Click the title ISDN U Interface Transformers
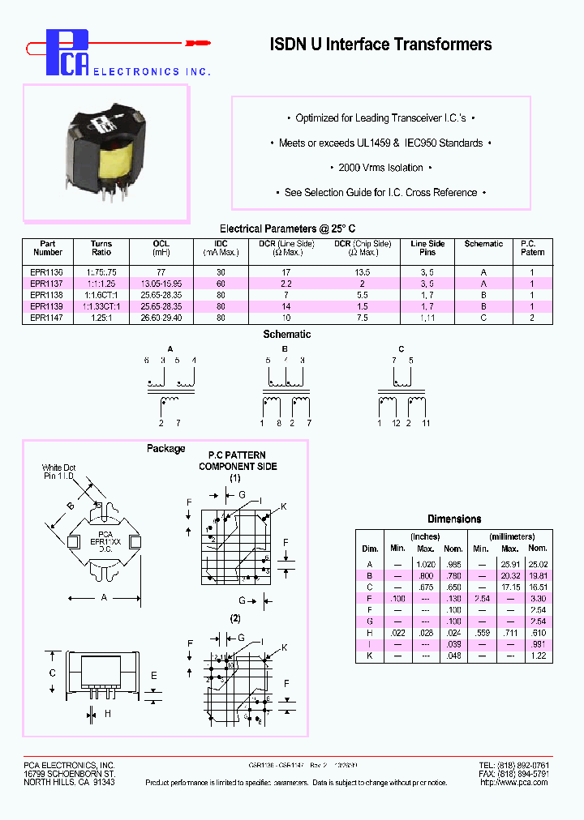pyautogui.click(x=380, y=45)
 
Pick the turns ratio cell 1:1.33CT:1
pyautogui.click(x=101, y=307)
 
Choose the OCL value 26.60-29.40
pyautogui.click(x=161, y=318)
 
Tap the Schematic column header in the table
pyautogui.click(x=483, y=244)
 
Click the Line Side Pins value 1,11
pyautogui.click(x=428, y=318)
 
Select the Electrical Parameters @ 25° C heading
pyautogui.click(x=287, y=228)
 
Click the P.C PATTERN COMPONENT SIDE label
pyautogui.click(x=238, y=460)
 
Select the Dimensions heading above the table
pyautogui.click(x=454, y=519)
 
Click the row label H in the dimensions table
pyautogui.click(x=370, y=633)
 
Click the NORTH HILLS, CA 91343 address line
pyautogui.click(x=69, y=783)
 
